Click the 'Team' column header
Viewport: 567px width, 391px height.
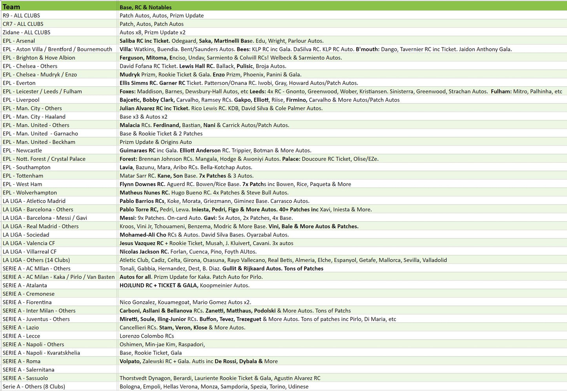(11, 7)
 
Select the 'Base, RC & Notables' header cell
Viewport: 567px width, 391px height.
(146, 7)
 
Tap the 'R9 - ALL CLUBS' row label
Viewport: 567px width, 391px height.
(22, 15)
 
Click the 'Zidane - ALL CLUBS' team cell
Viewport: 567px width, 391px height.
(27, 32)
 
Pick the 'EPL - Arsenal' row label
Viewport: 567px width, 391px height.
(19, 41)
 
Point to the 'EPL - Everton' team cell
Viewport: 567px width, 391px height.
(19, 83)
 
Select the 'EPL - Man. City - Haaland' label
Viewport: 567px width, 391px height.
(34, 116)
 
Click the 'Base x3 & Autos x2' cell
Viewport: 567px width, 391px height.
(144, 116)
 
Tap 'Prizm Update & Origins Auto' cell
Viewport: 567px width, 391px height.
(156, 142)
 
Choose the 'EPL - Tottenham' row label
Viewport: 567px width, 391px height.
(23, 176)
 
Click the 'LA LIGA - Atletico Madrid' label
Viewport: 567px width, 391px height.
(34, 201)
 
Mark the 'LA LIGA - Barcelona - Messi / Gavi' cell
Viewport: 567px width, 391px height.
(45, 218)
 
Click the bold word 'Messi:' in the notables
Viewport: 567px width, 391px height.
(128, 218)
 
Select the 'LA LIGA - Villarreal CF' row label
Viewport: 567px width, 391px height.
(29, 251)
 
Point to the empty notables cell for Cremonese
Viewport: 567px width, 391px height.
(341, 294)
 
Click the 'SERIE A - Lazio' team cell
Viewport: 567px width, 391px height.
(21, 327)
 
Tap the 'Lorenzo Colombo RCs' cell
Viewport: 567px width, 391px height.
(147, 336)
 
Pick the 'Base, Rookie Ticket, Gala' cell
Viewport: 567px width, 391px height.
(151, 353)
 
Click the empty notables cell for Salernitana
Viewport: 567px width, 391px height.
(341, 369)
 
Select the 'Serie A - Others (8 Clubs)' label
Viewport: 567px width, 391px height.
(34, 386)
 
